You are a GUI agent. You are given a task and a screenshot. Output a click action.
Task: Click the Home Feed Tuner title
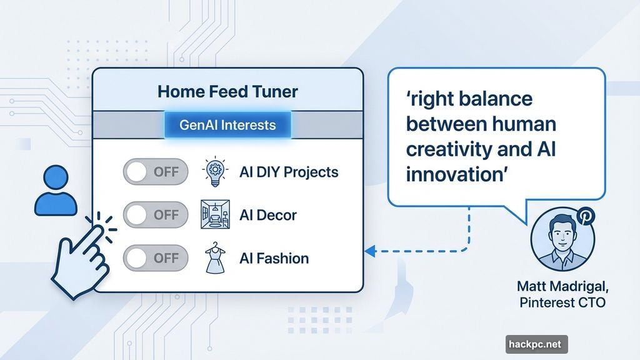click(x=227, y=92)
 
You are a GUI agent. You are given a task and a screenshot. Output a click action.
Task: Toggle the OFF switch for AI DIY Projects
click(x=156, y=171)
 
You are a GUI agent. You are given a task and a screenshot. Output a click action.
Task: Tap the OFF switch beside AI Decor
click(x=156, y=214)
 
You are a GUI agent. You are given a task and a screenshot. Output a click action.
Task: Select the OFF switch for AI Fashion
click(x=156, y=258)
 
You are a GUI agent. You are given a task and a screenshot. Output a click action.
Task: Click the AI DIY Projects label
click(x=289, y=172)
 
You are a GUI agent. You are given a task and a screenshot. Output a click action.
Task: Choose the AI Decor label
click(x=268, y=215)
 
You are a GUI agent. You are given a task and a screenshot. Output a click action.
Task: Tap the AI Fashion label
click(x=274, y=258)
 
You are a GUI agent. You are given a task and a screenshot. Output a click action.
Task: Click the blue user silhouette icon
click(x=56, y=191)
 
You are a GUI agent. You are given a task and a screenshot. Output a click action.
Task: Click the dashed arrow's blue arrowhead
click(x=369, y=251)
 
